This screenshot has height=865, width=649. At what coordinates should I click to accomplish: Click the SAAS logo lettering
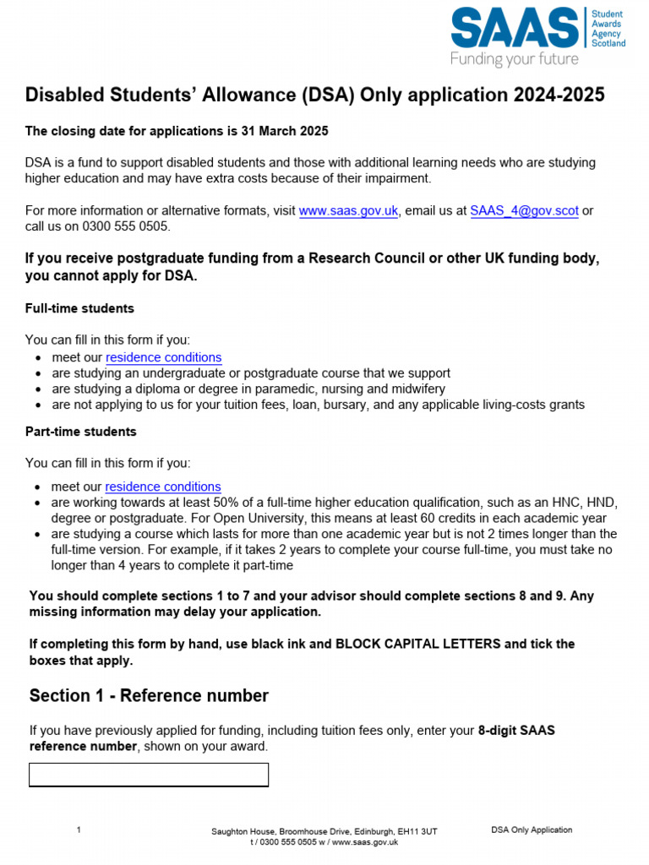pyautogui.click(x=515, y=28)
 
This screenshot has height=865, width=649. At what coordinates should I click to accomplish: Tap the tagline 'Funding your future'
pyautogui.click(x=514, y=59)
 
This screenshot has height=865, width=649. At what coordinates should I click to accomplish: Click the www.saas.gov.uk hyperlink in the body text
pyautogui.click(x=348, y=211)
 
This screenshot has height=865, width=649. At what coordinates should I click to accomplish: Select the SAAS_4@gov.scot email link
pyautogui.click(x=524, y=211)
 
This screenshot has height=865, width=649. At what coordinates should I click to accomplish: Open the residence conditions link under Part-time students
pyautogui.click(x=163, y=487)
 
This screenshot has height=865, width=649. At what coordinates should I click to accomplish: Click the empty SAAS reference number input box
pyautogui.click(x=149, y=775)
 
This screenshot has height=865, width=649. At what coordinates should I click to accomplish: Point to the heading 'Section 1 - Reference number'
pyautogui.click(x=149, y=696)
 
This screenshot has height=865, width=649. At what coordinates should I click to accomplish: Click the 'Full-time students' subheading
pyautogui.click(x=79, y=308)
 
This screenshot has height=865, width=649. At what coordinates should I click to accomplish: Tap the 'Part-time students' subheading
pyautogui.click(x=80, y=432)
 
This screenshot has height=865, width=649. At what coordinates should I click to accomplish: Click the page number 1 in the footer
pyautogui.click(x=79, y=830)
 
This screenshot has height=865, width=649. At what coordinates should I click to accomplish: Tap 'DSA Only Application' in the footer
pyautogui.click(x=532, y=830)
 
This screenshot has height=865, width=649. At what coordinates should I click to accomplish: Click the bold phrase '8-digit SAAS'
pyautogui.click(x=516, y=731)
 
